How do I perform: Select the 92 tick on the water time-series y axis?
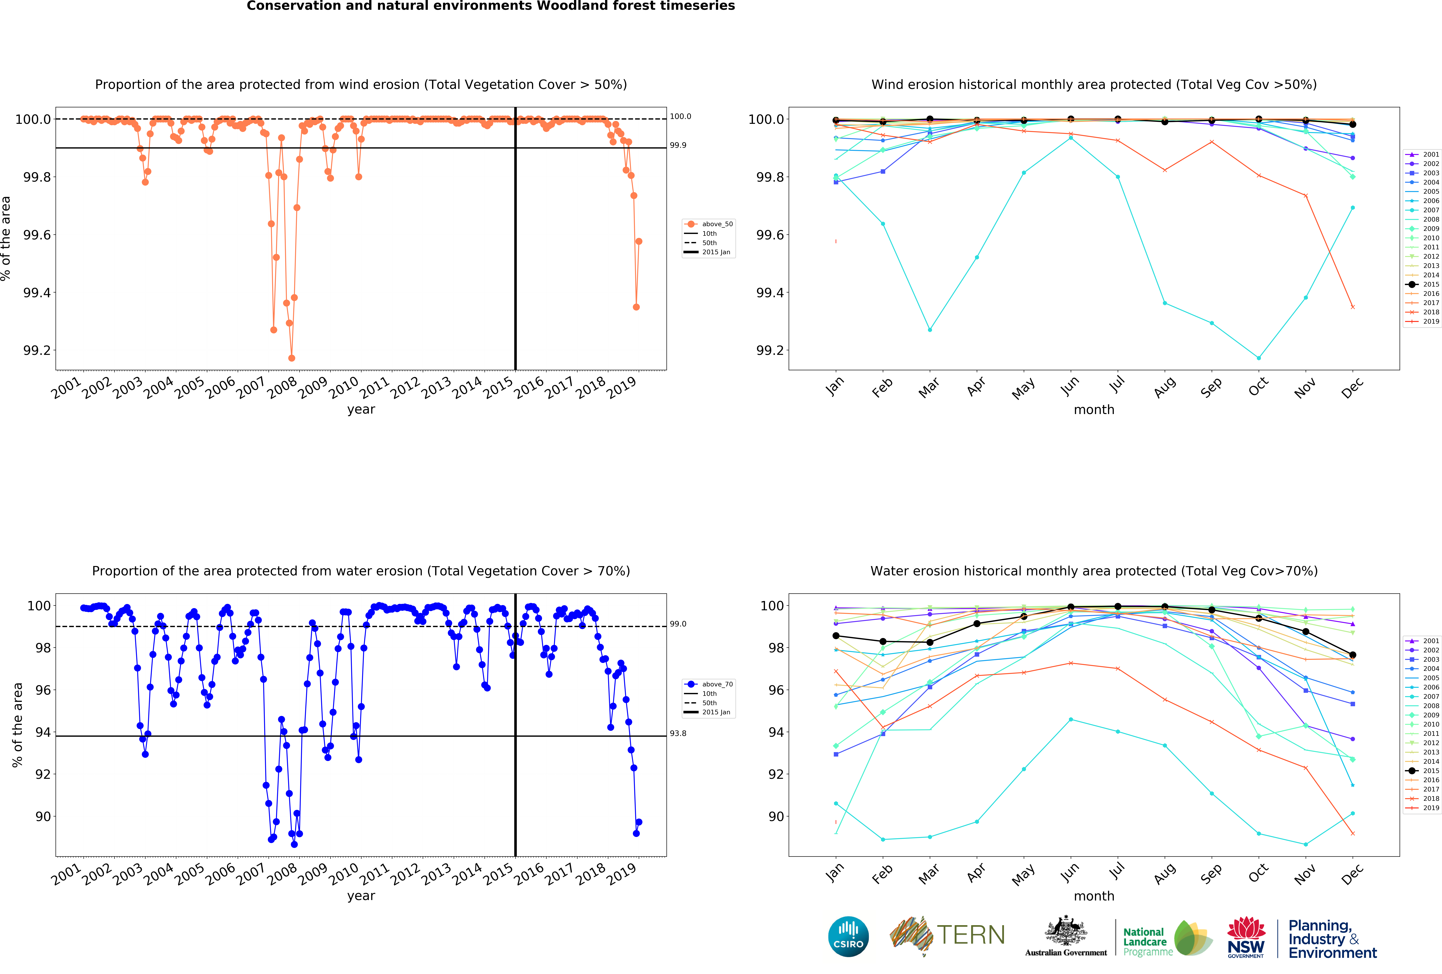(43, 774)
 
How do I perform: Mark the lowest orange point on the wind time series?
(292, 358)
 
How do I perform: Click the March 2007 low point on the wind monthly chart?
(929, 329)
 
